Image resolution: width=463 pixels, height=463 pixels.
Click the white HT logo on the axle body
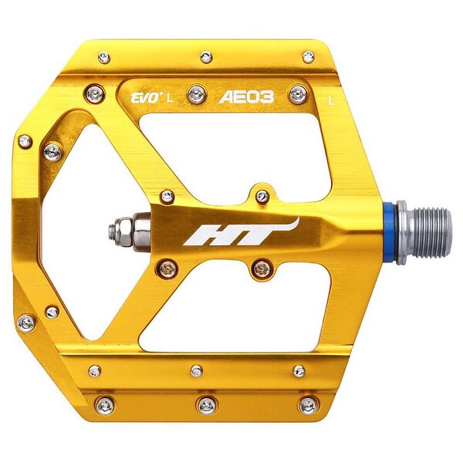point(241,233)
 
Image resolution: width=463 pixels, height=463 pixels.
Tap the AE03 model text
point(247,97)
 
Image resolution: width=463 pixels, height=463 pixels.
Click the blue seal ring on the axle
point(390,233)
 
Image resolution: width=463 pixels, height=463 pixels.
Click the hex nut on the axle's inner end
point(122,231)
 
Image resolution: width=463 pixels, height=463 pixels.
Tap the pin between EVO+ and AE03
point(197,94)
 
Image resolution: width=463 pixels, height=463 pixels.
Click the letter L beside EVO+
point(170,98)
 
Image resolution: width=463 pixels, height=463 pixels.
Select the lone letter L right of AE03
point(332,101)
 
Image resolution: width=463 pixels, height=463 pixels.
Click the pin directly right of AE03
point(298,94)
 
